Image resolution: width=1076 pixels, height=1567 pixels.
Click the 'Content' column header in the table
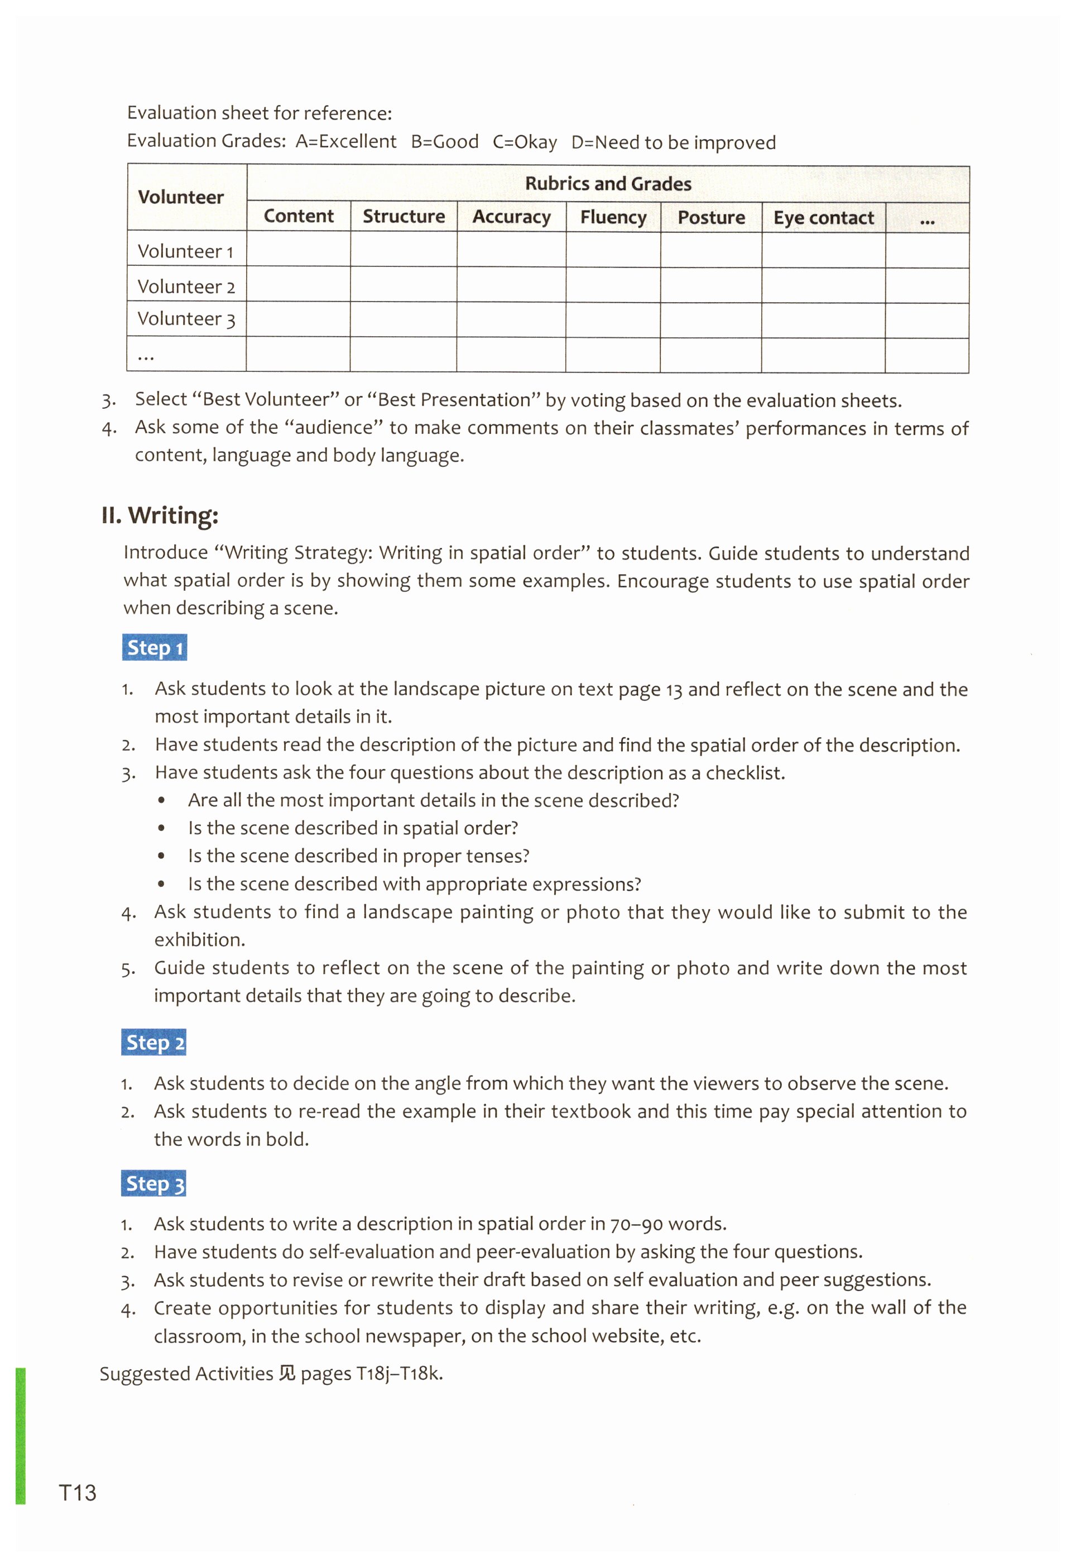tap(298, 216)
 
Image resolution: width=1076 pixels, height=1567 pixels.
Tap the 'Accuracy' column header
tap(511, 217)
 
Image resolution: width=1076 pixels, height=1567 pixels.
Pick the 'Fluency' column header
tap(613, 217)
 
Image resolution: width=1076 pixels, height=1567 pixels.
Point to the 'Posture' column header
tap(711, 218)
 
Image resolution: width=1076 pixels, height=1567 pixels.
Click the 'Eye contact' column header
tap(823, 218)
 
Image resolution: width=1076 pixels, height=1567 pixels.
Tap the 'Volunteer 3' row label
tap(186, 319)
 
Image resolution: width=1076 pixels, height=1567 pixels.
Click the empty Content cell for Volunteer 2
tap(298, 285)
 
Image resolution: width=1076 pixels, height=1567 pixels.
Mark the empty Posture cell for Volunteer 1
tap(711, 251)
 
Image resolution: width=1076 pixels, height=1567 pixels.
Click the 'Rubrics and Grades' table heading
tap(608, 184)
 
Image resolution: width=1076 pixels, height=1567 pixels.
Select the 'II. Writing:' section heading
tap(160, 515)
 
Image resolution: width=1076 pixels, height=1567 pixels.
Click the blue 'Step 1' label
tap(155, 648)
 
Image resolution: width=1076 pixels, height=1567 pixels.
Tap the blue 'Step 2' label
tap(153, 1042)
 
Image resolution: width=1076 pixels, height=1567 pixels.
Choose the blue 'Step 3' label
tap(153, 1183)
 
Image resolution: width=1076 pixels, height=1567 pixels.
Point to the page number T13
tap(78, 1493)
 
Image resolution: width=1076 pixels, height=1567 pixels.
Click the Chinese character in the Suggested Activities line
tap(287, 1373)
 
